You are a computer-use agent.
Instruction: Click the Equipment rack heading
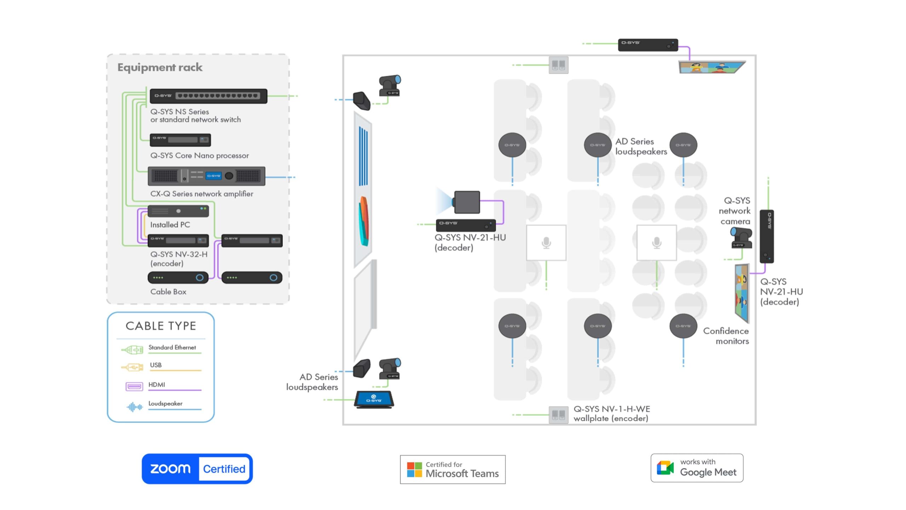coord(160,67)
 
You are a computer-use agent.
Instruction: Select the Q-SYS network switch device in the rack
coord(208,96)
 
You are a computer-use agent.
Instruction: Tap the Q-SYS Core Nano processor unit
coord(180,140)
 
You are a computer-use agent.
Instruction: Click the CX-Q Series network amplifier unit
coord(206,176)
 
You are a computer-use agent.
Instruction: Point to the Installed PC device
coord(178,211)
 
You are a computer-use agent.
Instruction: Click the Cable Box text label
coord(168,291)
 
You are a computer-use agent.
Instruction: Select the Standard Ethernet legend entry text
coord(172,347)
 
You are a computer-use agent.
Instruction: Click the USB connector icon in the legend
coord(132,367)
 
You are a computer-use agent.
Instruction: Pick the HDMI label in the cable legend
coord(157,385)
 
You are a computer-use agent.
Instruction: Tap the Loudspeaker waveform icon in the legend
coord(134,407)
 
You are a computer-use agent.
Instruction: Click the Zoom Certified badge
coord(197,469)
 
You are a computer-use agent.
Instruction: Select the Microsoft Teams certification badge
coord(453,469)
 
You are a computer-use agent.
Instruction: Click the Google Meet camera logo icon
coord(665,468)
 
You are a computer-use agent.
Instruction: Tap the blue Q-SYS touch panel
coord(374,399)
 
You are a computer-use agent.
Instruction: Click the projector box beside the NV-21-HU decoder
coord(467,202)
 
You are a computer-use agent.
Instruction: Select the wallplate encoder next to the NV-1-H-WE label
coord(558,415)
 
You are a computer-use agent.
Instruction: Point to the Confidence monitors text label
coord(726,336)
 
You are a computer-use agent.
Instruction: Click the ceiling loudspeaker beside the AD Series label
coord(598,145)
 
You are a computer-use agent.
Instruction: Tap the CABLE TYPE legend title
coord(161,326)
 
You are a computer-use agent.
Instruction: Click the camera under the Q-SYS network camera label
coord(741,238)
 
